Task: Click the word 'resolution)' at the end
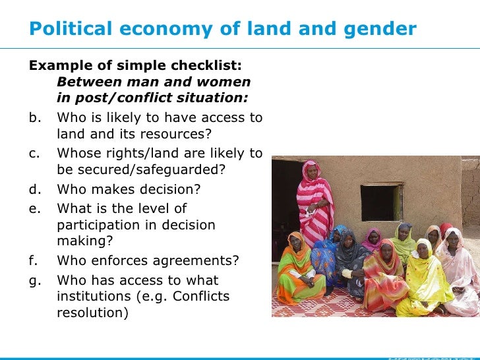pos(92,314)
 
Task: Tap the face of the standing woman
pos(311,171)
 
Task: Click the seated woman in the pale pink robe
pos(459,270)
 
